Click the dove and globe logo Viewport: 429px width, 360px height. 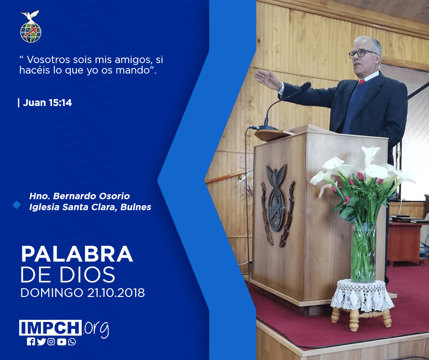tap(31, 26)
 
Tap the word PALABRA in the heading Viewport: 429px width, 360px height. tap(77, 254)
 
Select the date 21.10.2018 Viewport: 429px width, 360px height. tap(116, 292)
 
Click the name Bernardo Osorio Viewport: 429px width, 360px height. tap(91, 196)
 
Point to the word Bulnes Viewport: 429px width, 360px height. tap(136, 207)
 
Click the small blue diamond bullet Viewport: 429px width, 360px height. tap(17, 205)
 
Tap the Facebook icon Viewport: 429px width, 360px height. tap(31, 342)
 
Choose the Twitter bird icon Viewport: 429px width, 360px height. tap(41, 342)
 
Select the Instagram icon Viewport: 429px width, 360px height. tap(51, 342)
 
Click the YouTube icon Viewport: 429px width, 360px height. tap(62, 342)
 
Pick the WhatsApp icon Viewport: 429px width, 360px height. tap(72, 342)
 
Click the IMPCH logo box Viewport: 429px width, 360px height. tap(50, 328)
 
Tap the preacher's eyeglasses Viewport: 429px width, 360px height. tap(362, 53)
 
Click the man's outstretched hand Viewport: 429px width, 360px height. tap(268, 79)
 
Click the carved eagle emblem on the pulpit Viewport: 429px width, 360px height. tap(277, 203)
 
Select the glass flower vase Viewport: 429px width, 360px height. tap(363, 252)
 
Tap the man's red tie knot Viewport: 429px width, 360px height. tap(361, 82)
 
